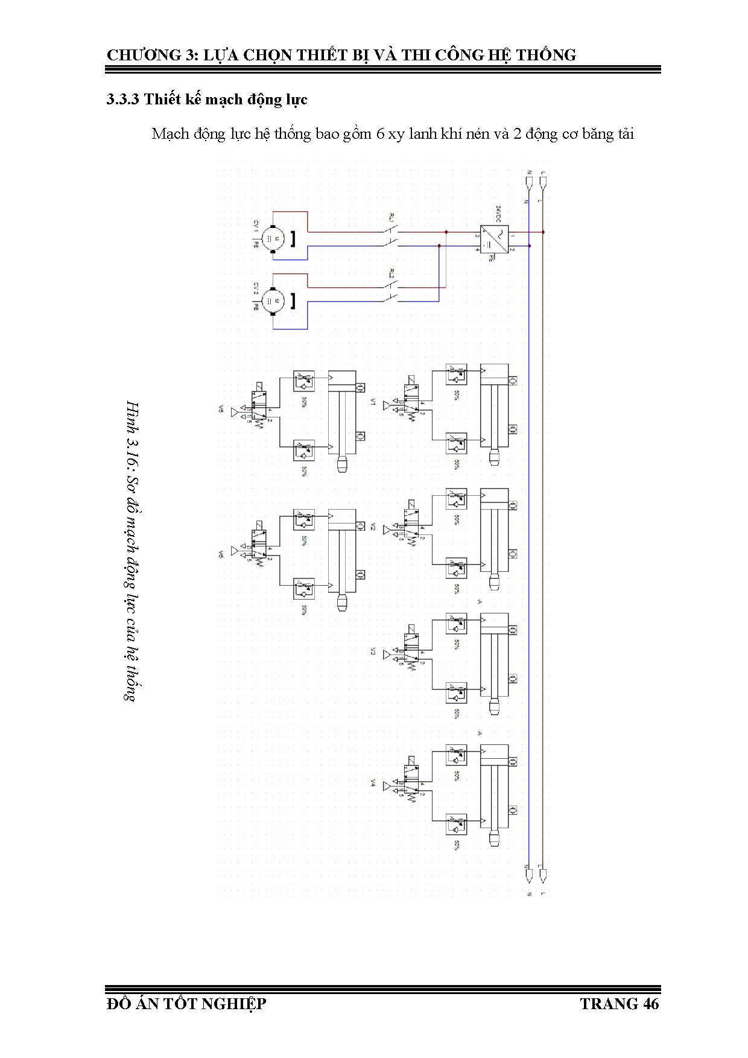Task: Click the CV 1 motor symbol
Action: pos(273,239)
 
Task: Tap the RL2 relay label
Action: pos(391,274)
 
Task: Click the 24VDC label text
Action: pos(498,214)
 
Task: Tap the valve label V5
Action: pos(221,410)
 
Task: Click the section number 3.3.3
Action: pos(123,100)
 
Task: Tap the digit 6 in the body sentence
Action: pos(380,134)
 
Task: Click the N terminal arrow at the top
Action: pos(529,180)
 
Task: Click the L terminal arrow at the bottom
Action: pos(543,874)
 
